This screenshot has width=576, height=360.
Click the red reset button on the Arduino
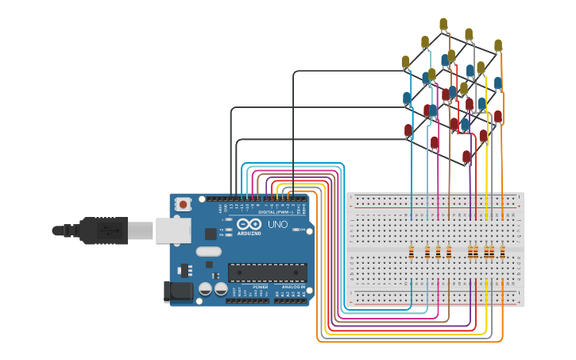pyautogui.click(x=184, y=204)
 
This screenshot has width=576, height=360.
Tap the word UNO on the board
pyautogui.click(x=278, y=225)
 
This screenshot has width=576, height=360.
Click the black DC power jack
pyautogui.click(x=177, y=292)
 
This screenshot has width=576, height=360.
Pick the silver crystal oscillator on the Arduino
pyautogui.click(x=208, y=252)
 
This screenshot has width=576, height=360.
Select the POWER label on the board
pyautogui.click(x=261, y=287)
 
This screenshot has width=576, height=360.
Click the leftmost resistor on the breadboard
pyautogui.click(x=411, y=253)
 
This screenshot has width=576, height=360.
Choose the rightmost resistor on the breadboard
pyautogui.click(x=503, y=253)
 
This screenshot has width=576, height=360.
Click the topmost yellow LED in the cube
pyautogui.click(x=443, y=24)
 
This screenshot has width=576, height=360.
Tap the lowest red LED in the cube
pyautogui.click(x=466, y=157)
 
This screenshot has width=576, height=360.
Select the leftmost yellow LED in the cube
pyautogui.click(x=405, y=62)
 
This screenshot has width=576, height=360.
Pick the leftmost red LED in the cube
pyautogui.click(x=408, y=130)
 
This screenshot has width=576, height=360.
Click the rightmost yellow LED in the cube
pyautogui.click(x=498, y=45)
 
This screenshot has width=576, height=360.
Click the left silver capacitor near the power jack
pyautogui.click(x=205, y=289)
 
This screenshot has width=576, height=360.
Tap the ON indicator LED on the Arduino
pyautogui.click(x=296, y=230)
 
